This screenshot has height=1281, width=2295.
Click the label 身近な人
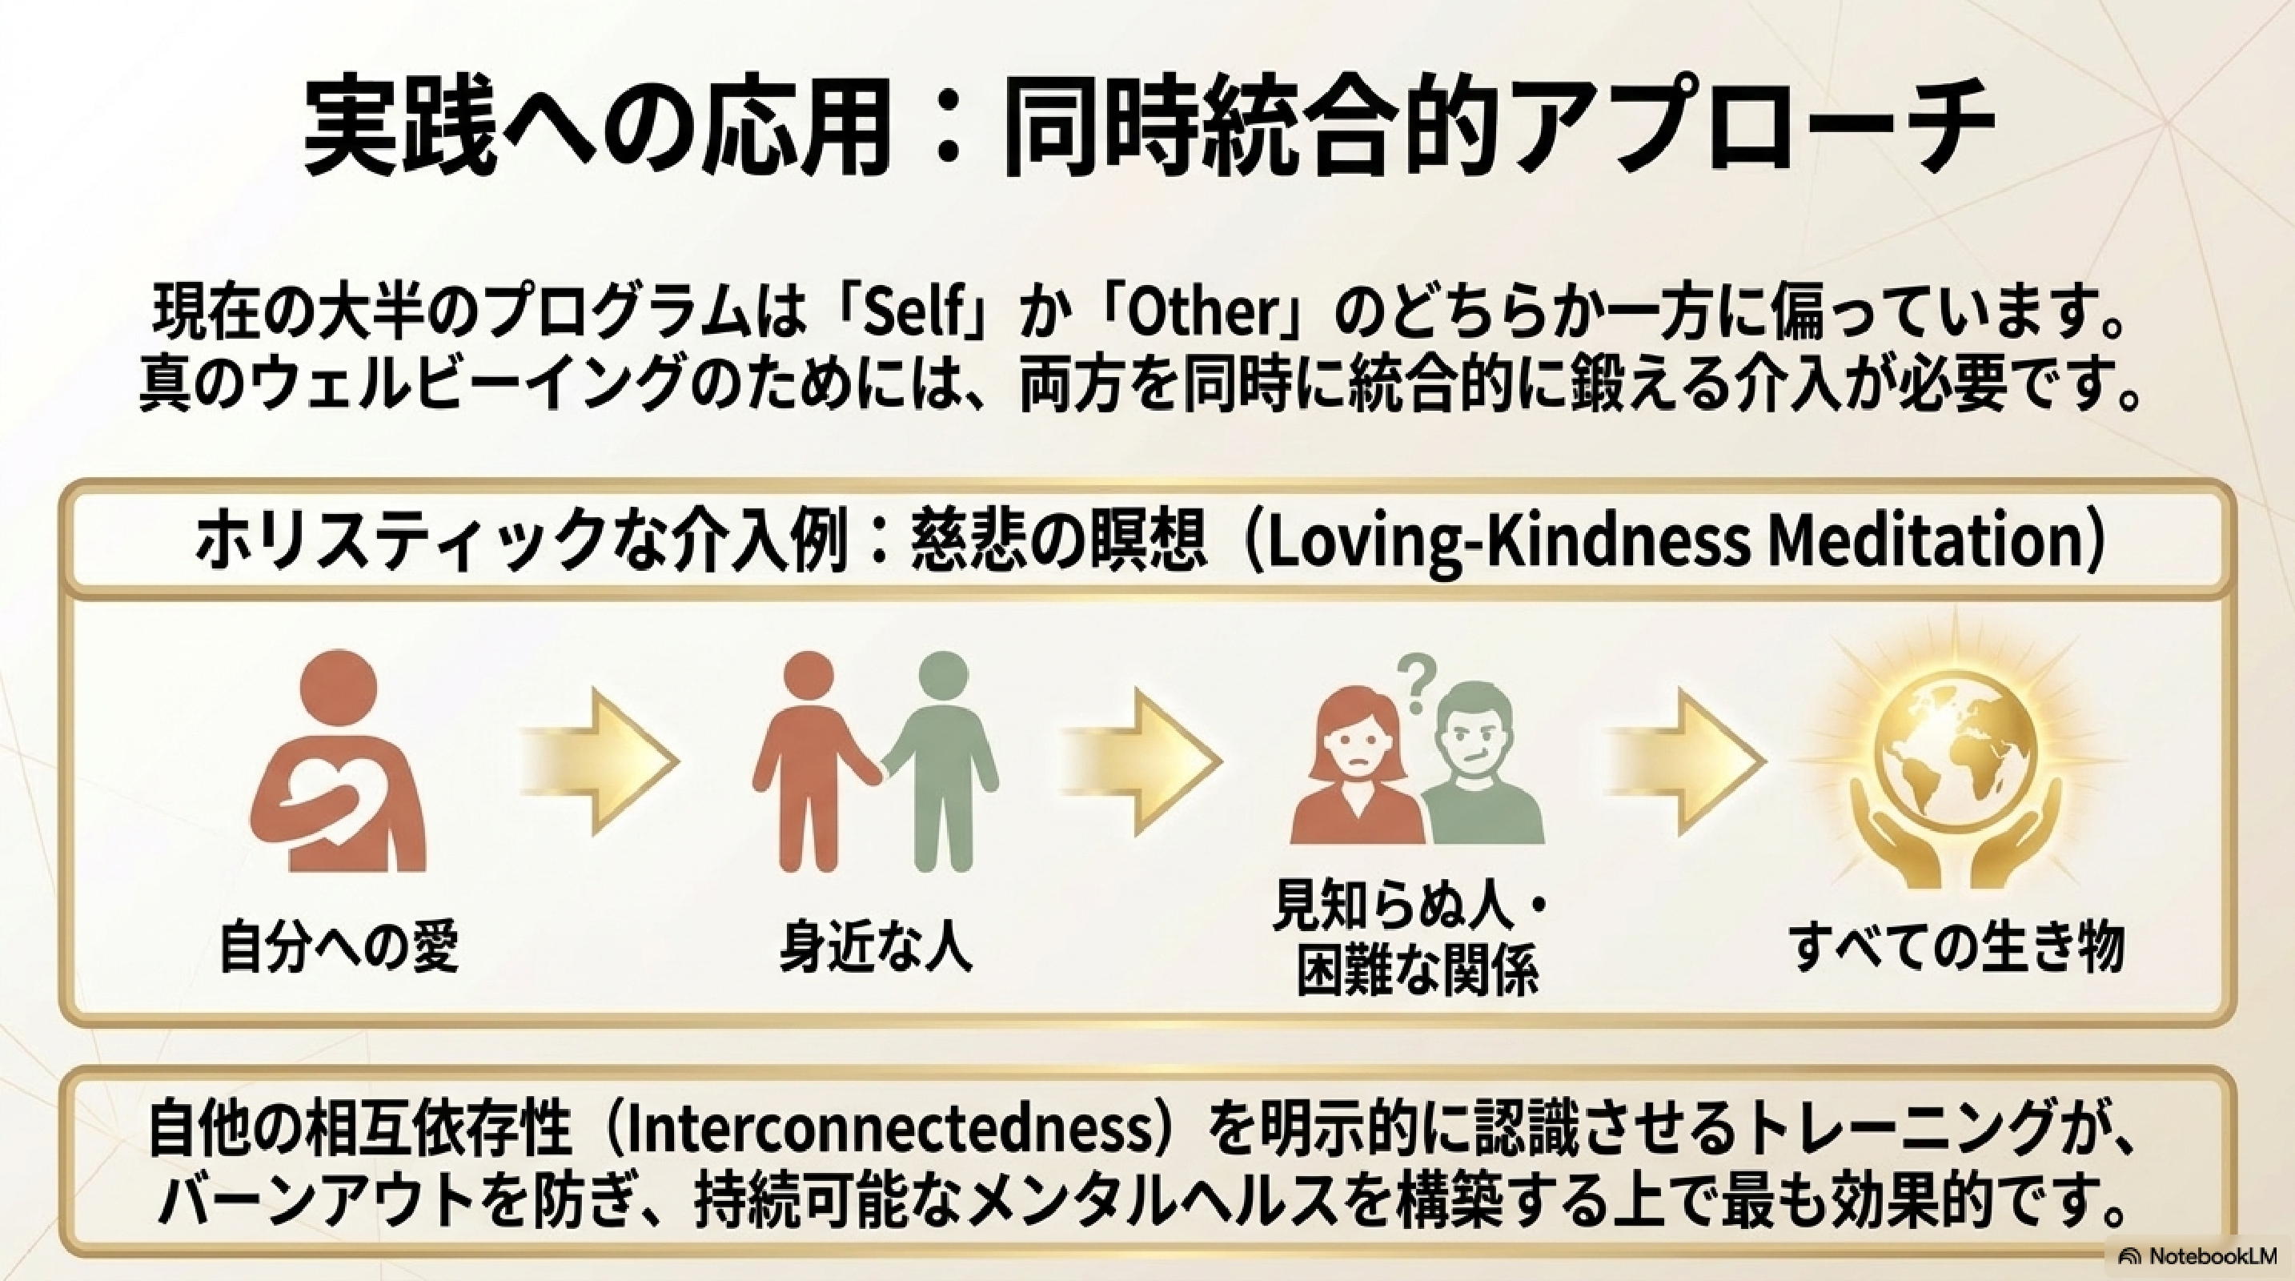[x=876, y=948]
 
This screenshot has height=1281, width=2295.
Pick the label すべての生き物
[x=1957, y=948]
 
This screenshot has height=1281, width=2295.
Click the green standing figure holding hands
[x=943, y=757]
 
